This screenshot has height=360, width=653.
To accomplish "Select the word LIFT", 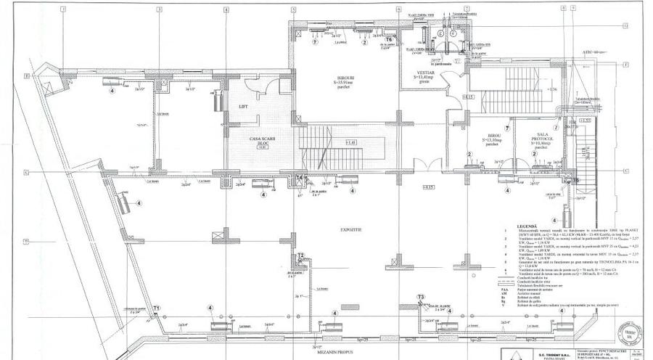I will coord(243,106).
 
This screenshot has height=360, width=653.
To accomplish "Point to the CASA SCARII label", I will coord(260,139).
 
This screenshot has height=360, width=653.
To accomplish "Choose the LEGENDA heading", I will coord(527,226).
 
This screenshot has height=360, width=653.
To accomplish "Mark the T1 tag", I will coord(156,308).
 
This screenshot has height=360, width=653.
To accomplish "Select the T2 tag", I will coord(300,255).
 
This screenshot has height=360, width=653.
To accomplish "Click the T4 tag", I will coord(300,178).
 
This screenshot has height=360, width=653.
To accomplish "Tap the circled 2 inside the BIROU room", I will coord(470,154).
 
